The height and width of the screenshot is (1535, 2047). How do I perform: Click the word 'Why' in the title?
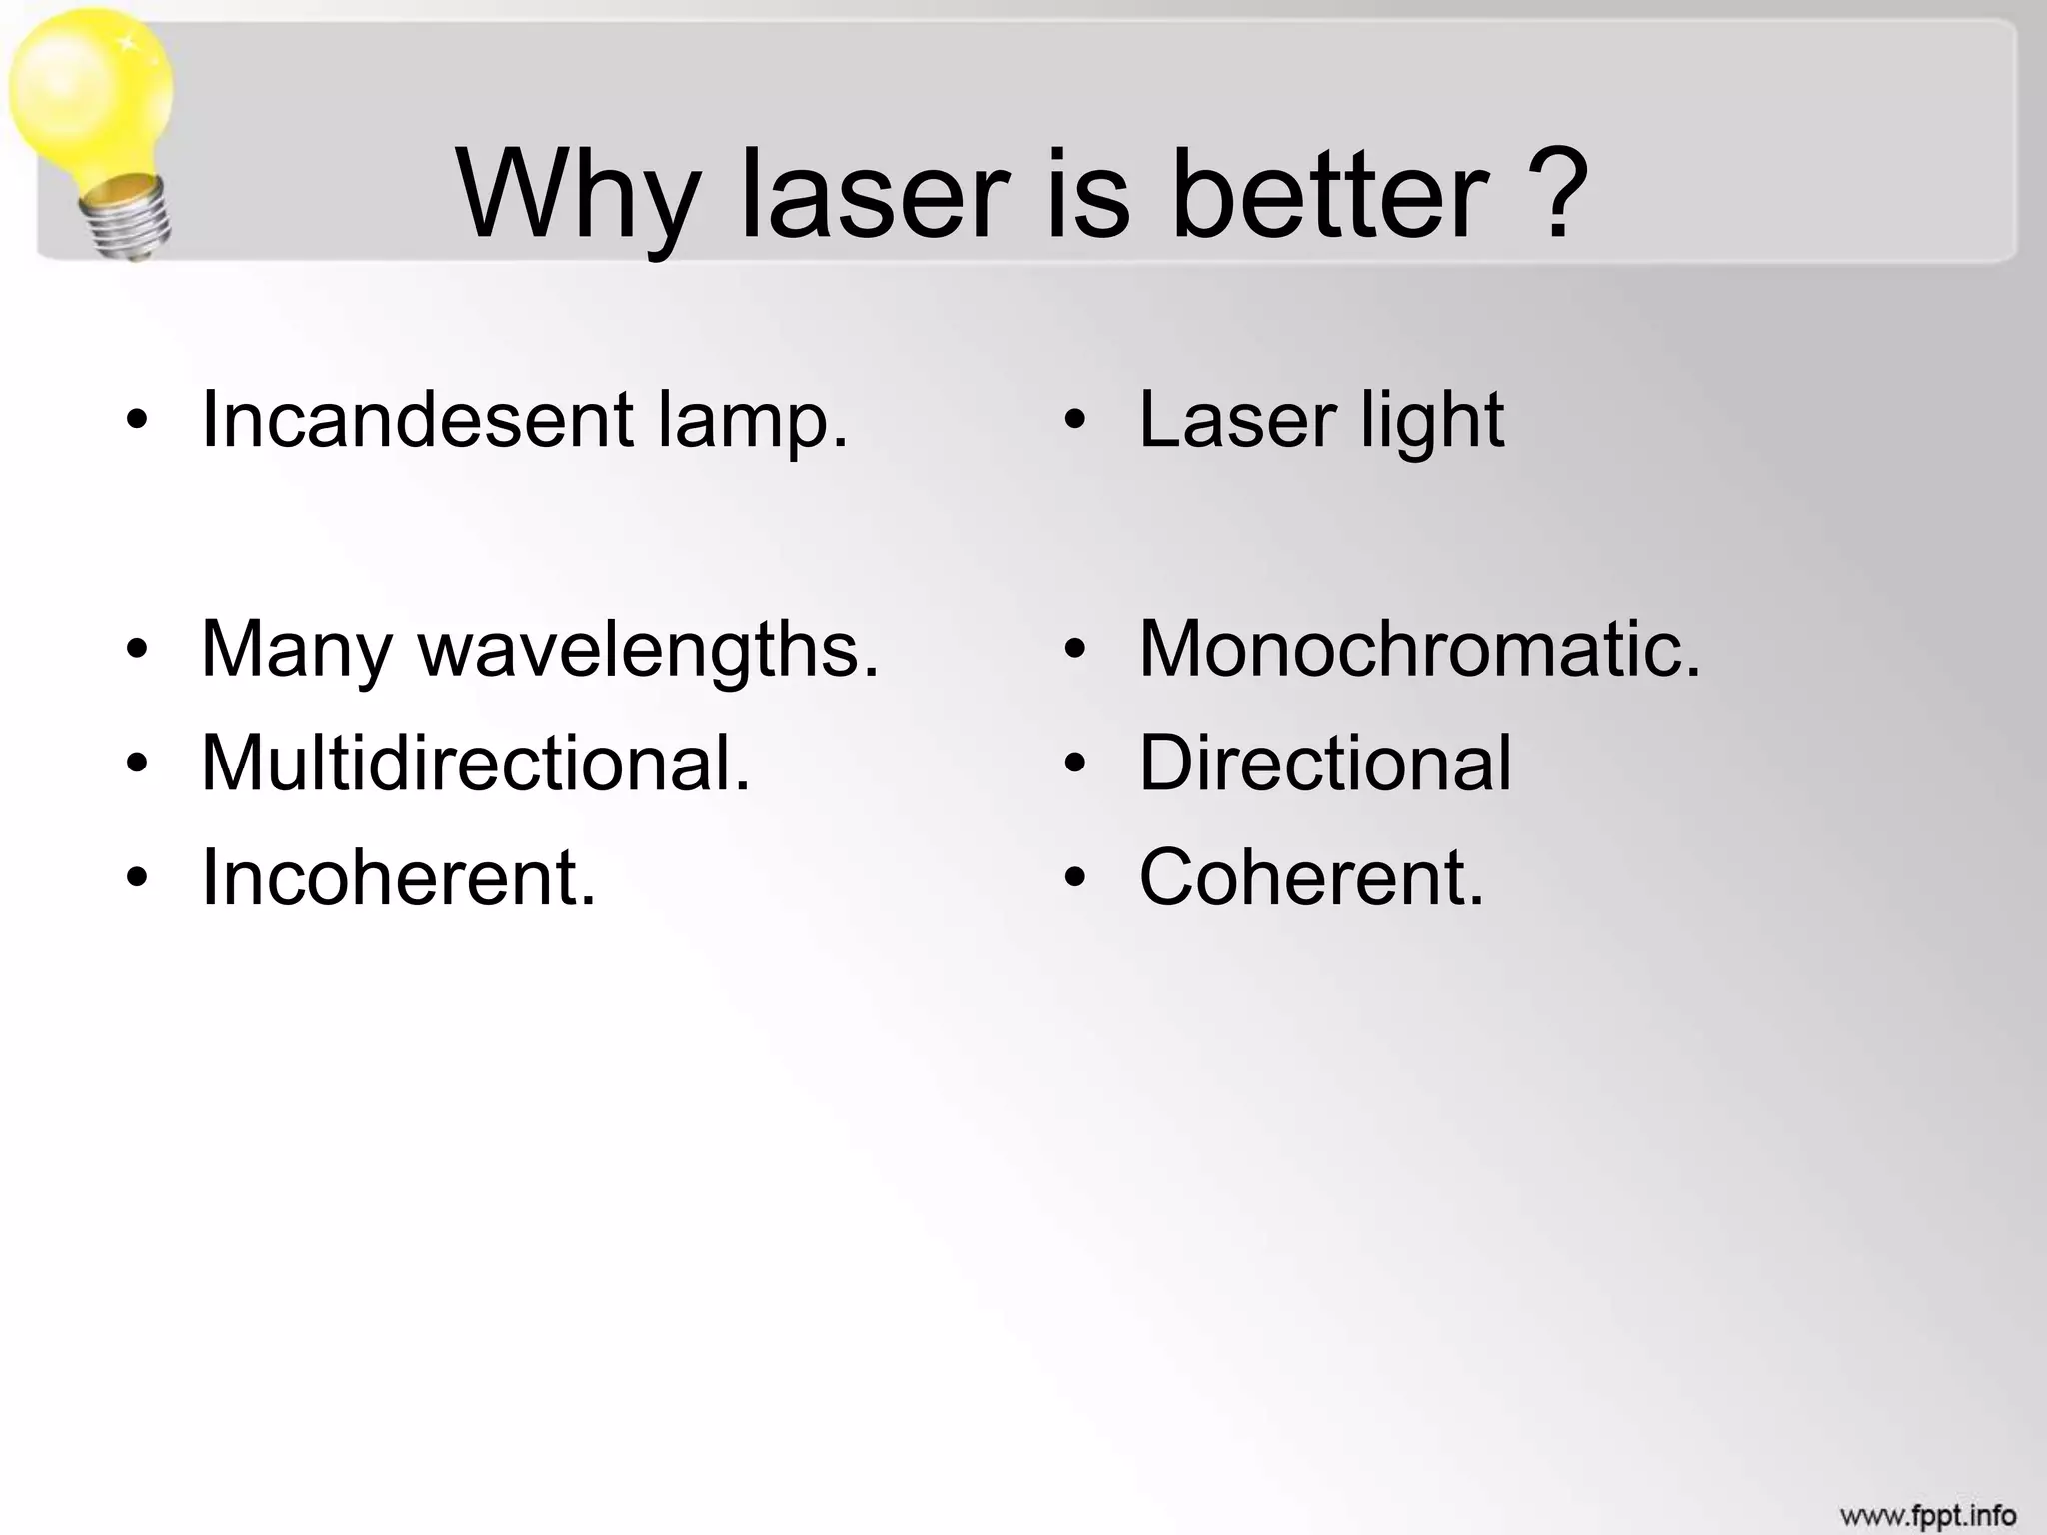577,195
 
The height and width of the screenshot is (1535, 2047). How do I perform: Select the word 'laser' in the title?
874,195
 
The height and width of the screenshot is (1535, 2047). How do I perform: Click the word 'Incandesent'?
418,420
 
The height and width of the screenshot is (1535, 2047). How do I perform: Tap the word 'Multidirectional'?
475,764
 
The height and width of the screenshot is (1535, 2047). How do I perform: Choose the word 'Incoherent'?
398,878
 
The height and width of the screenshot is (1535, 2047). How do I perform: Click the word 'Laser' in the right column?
1237,420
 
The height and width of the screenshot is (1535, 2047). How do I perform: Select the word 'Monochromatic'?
1419,650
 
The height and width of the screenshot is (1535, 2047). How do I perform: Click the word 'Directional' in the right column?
1325,764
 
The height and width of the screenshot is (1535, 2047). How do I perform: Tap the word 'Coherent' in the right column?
1311,878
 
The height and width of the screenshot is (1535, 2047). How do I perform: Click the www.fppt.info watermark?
1927,1515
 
